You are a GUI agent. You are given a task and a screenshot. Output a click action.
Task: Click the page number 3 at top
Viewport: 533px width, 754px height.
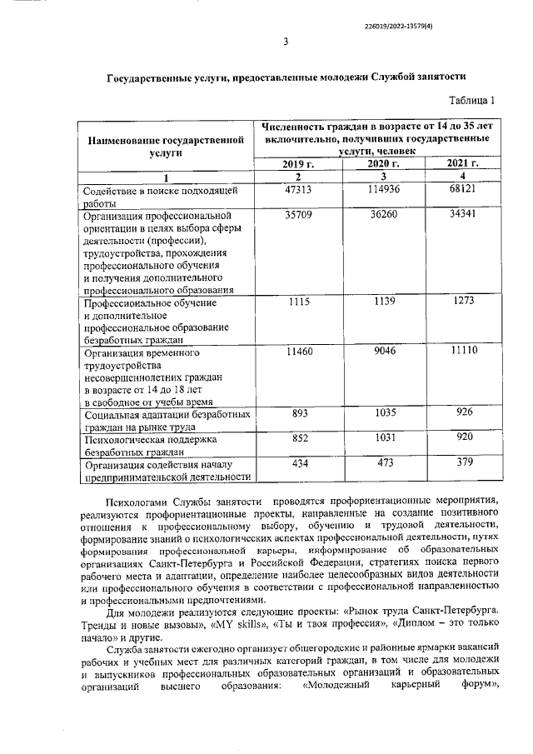286,42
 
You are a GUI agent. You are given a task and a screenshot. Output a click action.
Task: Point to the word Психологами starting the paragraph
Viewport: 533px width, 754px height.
138,500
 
